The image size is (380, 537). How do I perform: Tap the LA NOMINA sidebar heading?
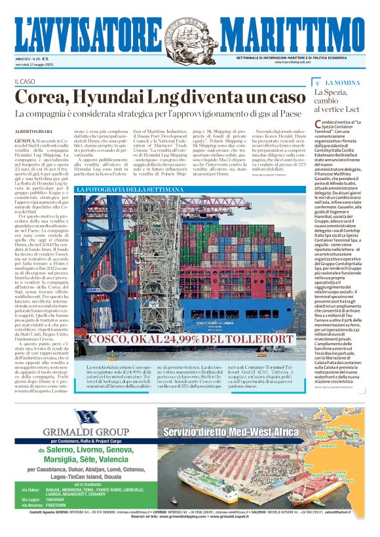coord(343,83)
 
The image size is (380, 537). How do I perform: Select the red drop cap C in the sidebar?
coord(318,124)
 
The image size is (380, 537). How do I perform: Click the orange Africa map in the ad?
coord(341,458)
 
